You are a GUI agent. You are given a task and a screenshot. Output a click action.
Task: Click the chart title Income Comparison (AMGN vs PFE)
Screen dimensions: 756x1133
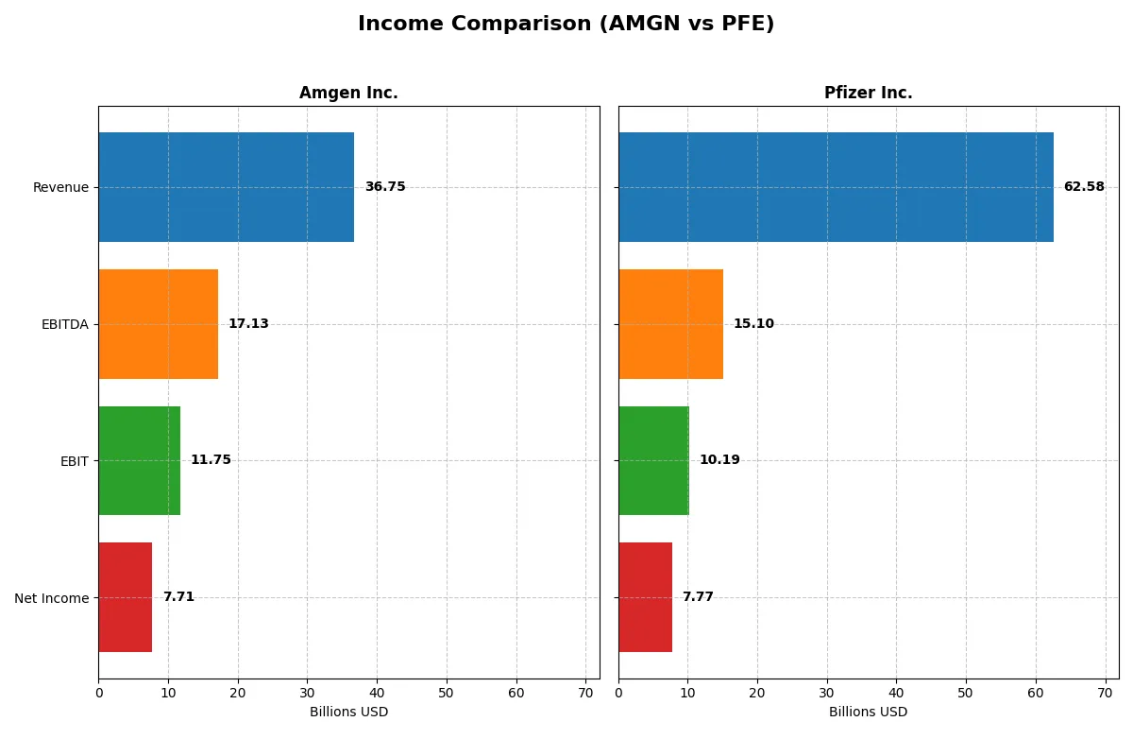(566, 24)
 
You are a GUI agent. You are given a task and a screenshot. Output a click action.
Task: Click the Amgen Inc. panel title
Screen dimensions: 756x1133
(348, 93)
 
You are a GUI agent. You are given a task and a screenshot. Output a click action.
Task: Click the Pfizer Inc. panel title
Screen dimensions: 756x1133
(868, 93)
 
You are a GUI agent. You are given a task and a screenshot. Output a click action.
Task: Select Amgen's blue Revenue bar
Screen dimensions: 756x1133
(226, 187)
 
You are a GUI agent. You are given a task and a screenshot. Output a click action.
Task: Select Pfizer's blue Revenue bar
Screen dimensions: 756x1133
(836, 187)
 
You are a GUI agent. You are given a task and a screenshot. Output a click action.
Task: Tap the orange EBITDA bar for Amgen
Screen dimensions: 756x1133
(158, 324)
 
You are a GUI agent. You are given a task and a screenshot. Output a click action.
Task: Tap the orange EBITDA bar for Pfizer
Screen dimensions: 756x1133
(670, 324)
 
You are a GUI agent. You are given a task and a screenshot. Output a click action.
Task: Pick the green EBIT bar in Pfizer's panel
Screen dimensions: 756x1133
(653, 460)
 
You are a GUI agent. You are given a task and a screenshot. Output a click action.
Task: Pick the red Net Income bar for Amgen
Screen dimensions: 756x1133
(125, 597)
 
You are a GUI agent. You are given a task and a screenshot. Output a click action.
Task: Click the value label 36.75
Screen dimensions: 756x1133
(385, 187)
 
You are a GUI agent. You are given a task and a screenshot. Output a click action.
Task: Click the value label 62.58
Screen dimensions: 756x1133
(1084, 187)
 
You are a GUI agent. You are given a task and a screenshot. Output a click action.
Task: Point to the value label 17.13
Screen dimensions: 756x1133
(248, 324)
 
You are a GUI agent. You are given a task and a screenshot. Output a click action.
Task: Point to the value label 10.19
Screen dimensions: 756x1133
(719, 460)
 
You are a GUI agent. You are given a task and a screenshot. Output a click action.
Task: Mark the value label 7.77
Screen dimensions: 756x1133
(698, 597)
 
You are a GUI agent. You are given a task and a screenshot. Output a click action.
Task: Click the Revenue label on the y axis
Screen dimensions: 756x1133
(60, 187)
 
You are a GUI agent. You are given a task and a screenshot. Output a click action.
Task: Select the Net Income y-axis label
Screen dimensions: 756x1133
(52, 598)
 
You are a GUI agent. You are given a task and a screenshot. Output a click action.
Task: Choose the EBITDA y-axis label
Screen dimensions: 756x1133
(65, 324)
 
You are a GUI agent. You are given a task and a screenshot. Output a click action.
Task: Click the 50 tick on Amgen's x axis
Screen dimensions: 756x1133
(447, 693)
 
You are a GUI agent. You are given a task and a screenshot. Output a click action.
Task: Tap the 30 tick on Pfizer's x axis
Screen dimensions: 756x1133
(827, 693)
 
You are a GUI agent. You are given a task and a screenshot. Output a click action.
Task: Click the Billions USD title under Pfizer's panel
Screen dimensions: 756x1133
(868, 712)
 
